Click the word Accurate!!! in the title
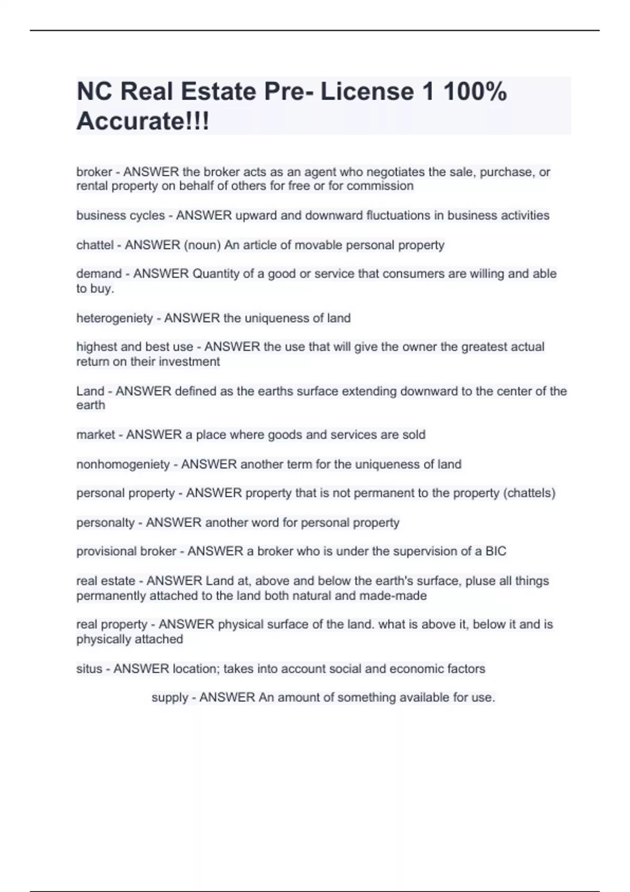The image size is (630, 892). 143,121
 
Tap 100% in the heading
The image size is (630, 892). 475,91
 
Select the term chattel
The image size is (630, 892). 95,245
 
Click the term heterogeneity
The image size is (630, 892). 114,318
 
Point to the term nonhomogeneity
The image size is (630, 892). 123,464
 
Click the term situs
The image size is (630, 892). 89,668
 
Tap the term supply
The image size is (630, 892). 170,697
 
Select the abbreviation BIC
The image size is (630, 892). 496,551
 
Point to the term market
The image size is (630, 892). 96,434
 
